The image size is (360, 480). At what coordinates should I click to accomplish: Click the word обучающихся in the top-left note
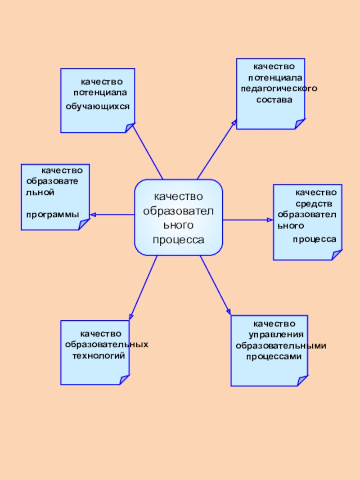tap(98, 107)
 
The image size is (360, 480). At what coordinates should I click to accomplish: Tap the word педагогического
tap(279, 88)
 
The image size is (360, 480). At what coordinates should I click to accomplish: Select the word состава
tap(274, 99)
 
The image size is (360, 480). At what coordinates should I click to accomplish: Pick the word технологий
tap(99, 355)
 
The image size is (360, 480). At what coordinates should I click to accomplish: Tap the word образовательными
tap(281, 346)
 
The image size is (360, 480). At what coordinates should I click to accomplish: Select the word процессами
tap(274, 357)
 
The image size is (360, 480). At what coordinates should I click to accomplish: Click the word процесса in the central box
tap(178, 240)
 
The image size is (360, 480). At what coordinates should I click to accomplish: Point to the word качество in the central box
tap(179, 197)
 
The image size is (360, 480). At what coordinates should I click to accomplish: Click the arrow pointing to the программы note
tap(112, 215)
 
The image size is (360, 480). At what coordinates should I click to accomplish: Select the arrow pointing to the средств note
tap(247, 220)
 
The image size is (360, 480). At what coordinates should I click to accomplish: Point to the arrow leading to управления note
tap(216, 286)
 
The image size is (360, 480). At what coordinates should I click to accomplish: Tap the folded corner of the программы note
tap(84, 225)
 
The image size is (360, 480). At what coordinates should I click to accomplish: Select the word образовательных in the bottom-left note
tap(107, 345)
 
